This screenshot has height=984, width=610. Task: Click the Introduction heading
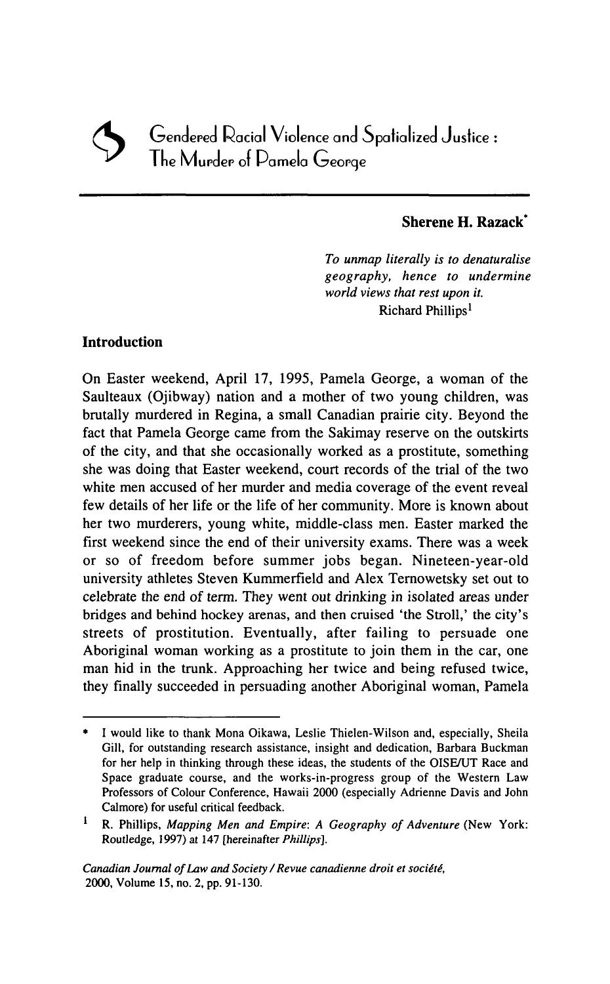click(x=123, y=342)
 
